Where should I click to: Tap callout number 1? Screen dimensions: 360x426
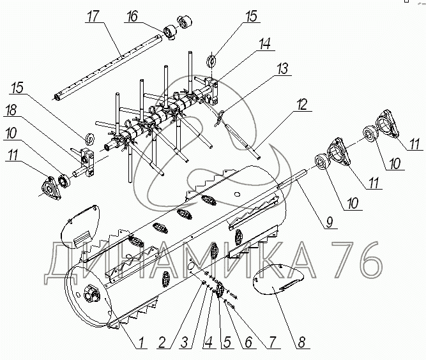[141, 341]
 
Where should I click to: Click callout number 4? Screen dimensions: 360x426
[208, 341]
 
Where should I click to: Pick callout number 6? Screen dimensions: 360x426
[248, 341]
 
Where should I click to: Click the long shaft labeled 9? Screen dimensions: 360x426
[300, 178]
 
